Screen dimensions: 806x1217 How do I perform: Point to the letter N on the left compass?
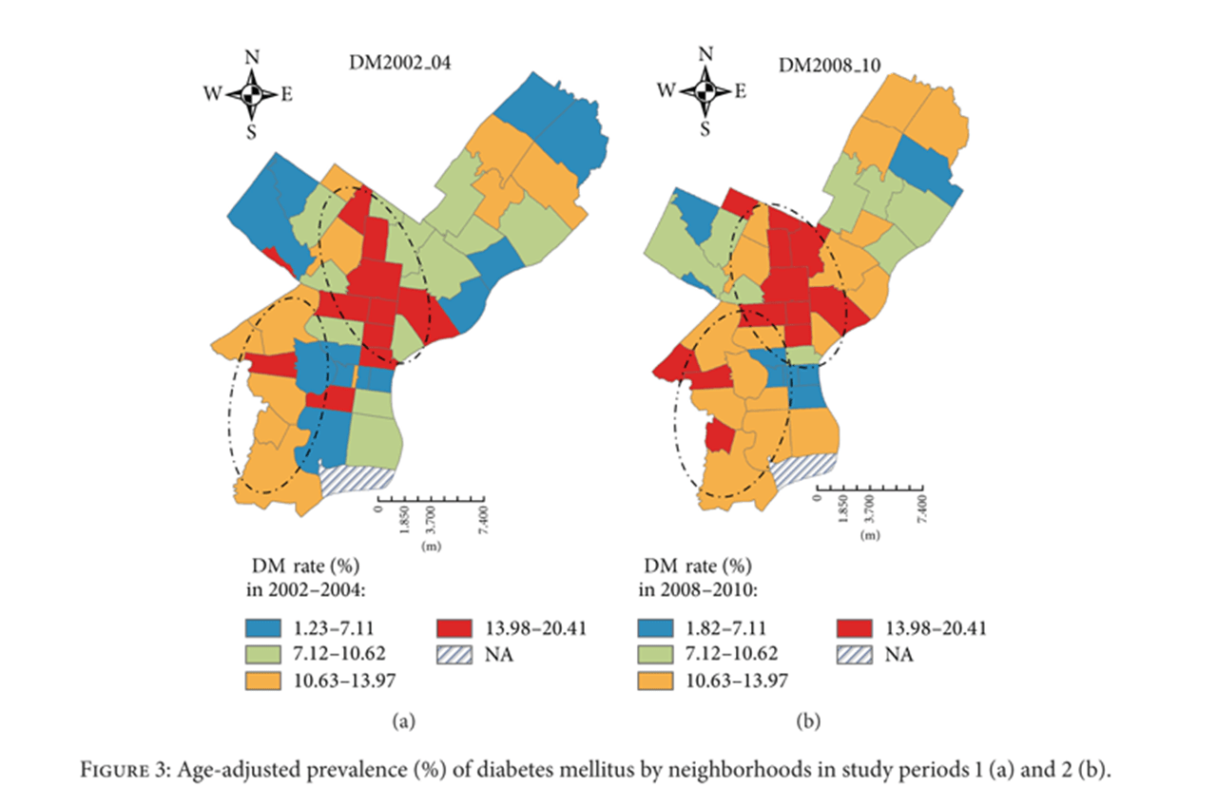tap(252, 56)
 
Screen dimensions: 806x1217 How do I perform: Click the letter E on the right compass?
tap(741, 92)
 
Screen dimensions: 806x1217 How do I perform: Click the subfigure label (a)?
tap(403, 722)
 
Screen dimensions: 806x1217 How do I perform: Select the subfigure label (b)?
tap(805, 722)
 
